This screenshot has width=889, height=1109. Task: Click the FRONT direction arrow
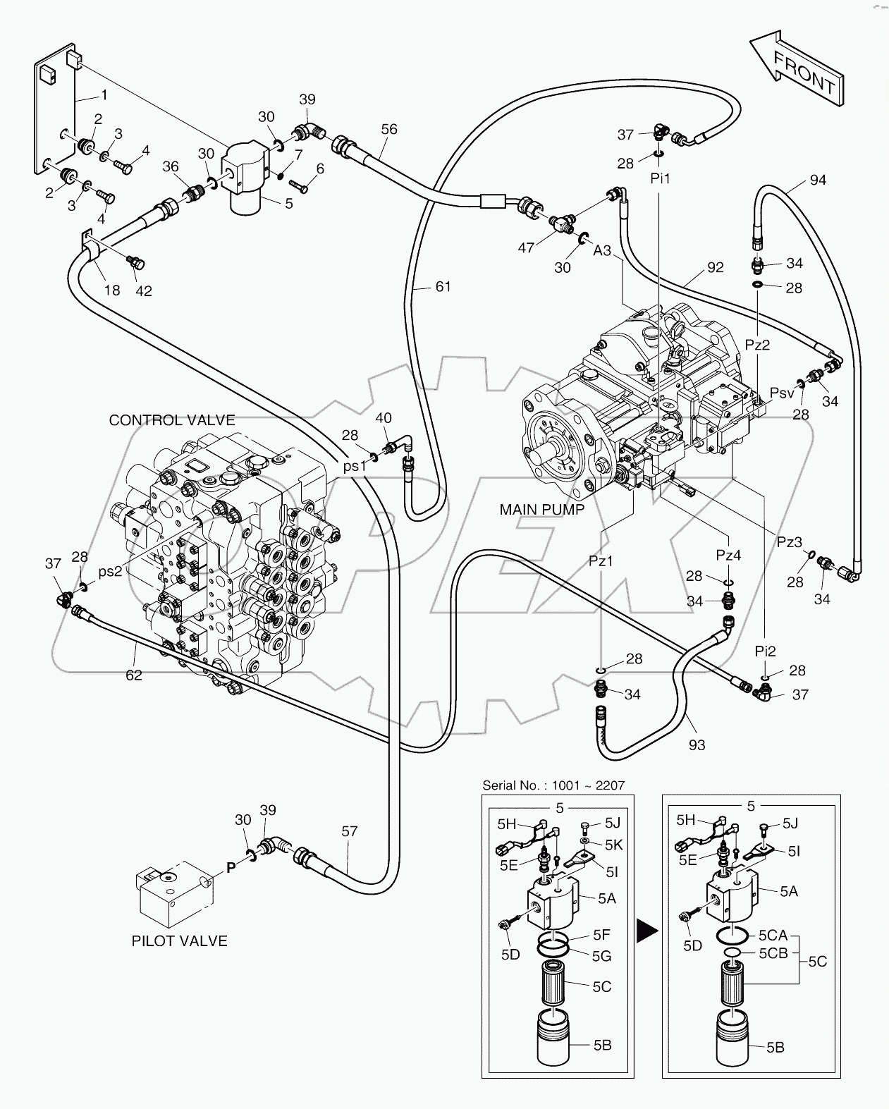tap(797, 71)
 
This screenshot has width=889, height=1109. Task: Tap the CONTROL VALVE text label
tap(171, 420)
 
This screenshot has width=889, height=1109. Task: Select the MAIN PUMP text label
tap(542, 509)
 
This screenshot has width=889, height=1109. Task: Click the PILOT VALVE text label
tap(179, 941)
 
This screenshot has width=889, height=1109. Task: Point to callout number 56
tap(389, 129)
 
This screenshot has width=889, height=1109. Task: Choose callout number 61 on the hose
tap(442, 286)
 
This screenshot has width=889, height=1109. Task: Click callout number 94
tap(817, 180)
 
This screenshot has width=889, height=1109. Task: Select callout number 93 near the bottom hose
tap(696, 745)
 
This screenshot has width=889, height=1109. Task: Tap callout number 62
tap(133, 675)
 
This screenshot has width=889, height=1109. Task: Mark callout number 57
tap(350, 832)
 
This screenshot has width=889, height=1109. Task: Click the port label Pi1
tap(660, 178)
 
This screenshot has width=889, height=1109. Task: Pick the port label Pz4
tap(728, 556)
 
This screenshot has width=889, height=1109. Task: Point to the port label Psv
tap(781, 393)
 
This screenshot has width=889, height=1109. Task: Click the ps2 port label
tap(111, 571)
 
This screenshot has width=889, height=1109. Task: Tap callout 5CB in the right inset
tap(773, 952)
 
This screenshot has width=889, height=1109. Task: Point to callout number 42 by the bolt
tap(143, 290)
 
